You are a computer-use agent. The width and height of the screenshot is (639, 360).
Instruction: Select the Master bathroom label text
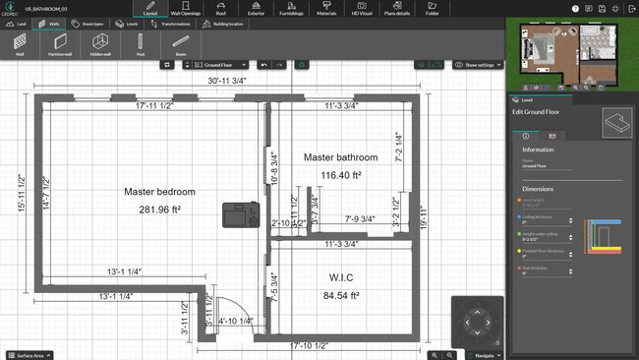tap(340, 157)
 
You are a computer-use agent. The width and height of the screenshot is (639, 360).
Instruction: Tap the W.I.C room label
tap(340, 276)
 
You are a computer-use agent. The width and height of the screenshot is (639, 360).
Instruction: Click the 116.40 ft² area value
tap(340, 175)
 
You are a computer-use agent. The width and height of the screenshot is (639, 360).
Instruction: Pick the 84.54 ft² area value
tap(340, 294)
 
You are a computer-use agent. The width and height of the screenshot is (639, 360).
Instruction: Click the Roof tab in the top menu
tap(220, 10)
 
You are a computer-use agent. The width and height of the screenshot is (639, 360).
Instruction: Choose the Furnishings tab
tap(291, 10)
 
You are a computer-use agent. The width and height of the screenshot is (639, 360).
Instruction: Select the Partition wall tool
tap(60, 45)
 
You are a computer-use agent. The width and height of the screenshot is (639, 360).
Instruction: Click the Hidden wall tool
tap(99, 45)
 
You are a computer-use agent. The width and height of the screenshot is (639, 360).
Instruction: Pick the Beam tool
tap(181, 45)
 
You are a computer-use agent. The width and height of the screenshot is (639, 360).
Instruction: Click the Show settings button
tap(478, 64)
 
